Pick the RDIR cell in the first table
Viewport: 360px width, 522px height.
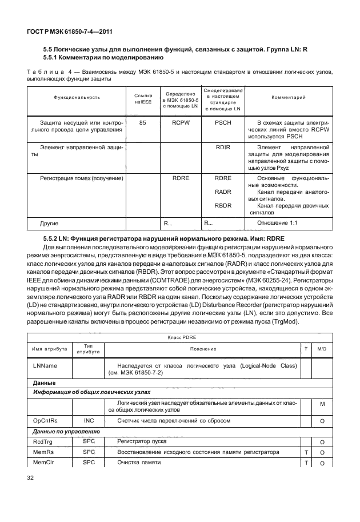(x=223, y=147)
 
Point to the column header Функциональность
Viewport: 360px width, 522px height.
(x=77, y=98)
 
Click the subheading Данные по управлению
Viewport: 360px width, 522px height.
(x=67, y=431)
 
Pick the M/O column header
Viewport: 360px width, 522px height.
(x=322, y=349)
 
